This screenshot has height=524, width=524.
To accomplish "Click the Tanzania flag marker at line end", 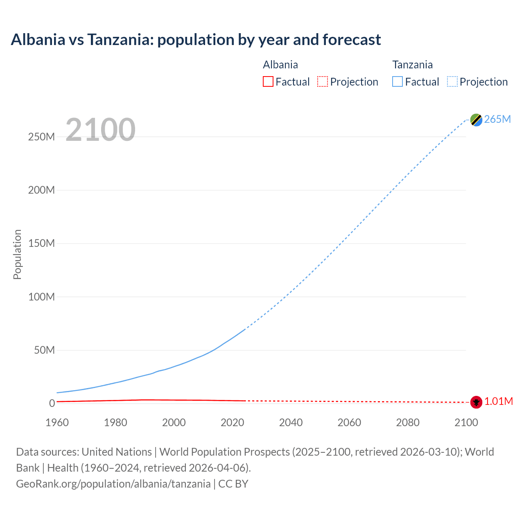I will pyautogui.click(x=476, y=120).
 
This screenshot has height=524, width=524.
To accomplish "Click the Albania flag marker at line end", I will pyautogui.click(x=476, y=402).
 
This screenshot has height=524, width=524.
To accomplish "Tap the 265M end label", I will pyautogui.click(x=497, y=119).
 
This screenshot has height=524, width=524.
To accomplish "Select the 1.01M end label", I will pyautogui.click(x=499, y=402).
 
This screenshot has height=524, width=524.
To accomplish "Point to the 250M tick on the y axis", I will pyautogui.click(x=41, y=137).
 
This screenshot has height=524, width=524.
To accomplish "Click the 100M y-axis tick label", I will pyautogui.click(x=41, y=297).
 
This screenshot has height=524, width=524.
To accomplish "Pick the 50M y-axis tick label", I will pyautogui.click(x=44, y=350).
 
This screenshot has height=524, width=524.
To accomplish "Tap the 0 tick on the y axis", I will pyautogui.click(x=52, y=403).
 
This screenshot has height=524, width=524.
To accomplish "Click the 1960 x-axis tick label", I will pyautogui.click(x=57, y=422).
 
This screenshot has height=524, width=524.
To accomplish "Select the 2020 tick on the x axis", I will pyautogui.click(x=233, y=422).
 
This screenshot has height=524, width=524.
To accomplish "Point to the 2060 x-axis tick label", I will pyautogui.click(x=349, y=422).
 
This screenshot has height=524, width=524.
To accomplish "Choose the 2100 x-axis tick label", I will pyautogui.click(x=466, y=422).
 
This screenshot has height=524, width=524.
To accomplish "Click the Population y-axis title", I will pyautogui.click(x=17, y=254).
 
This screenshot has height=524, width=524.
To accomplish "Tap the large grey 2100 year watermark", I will pyautogui.click(x=100, y=130).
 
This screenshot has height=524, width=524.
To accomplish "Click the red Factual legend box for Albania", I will pyautogui.click(x=268, y=82).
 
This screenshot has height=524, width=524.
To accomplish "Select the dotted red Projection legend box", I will pyautogui.click(x=323, y=82).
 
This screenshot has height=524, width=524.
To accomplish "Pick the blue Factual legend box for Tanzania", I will pyautogui.click(x=398, y=82).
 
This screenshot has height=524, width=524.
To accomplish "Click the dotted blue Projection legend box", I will pyautogui.click(x=452, y=82).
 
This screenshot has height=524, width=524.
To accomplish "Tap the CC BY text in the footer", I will pyautogui.click(x=233, y=484).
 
